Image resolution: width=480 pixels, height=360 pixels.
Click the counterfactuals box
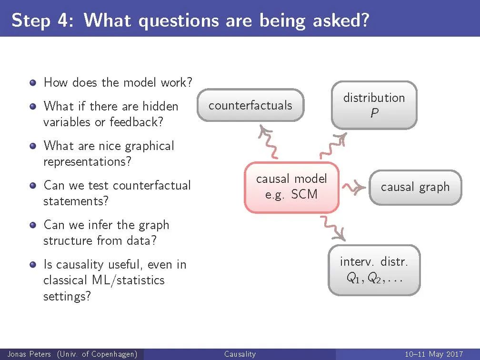[250, 105]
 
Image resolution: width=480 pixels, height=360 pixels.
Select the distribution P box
[374, 105]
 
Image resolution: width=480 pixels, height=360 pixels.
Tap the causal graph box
[415, 187]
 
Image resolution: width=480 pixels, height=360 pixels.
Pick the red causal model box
[291, 187]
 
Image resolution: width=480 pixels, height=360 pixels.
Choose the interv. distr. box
[374, 270]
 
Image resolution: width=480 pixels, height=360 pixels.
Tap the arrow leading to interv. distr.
[333, 229]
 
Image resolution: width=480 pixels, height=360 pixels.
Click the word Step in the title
[31, 21]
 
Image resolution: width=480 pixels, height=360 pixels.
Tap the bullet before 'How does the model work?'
[33, 83]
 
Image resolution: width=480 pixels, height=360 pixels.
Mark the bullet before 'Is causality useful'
[33, 264]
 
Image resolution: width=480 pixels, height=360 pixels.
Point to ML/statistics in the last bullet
[128, 280]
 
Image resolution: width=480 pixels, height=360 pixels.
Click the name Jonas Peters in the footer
[29, 354]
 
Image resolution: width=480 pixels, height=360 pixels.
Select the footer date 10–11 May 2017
[434, 354]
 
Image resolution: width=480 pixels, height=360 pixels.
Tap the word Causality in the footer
[240, 354]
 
